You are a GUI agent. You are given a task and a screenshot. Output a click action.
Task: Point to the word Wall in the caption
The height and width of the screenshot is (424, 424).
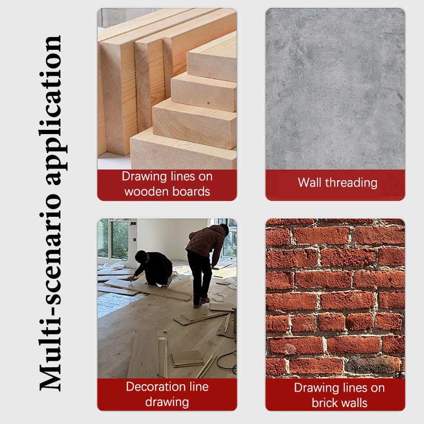click(x=310, y=182)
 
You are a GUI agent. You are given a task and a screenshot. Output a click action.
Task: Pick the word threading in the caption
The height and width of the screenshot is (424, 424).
click(x=351, y=183)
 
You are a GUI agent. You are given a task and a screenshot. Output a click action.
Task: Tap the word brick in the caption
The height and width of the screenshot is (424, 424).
click(x=323, y=403)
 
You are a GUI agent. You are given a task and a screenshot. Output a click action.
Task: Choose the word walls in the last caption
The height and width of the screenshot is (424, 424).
click(x=353, y=403)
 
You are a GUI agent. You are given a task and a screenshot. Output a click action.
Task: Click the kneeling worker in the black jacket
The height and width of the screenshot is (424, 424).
click(x=153, y=268)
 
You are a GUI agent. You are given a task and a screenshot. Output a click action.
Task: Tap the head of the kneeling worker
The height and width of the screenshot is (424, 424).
click(x=141, y=256)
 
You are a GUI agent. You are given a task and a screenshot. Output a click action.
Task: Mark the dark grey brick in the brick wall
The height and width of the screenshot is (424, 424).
click(x=373, y=365)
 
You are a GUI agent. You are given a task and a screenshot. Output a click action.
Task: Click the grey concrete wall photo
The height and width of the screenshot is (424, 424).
click(x=335, y=89)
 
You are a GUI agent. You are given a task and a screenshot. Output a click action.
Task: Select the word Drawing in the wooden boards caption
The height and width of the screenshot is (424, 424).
click(x=144, y=176)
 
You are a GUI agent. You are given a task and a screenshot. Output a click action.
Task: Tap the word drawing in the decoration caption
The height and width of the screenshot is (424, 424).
click(x=167, y=402)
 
